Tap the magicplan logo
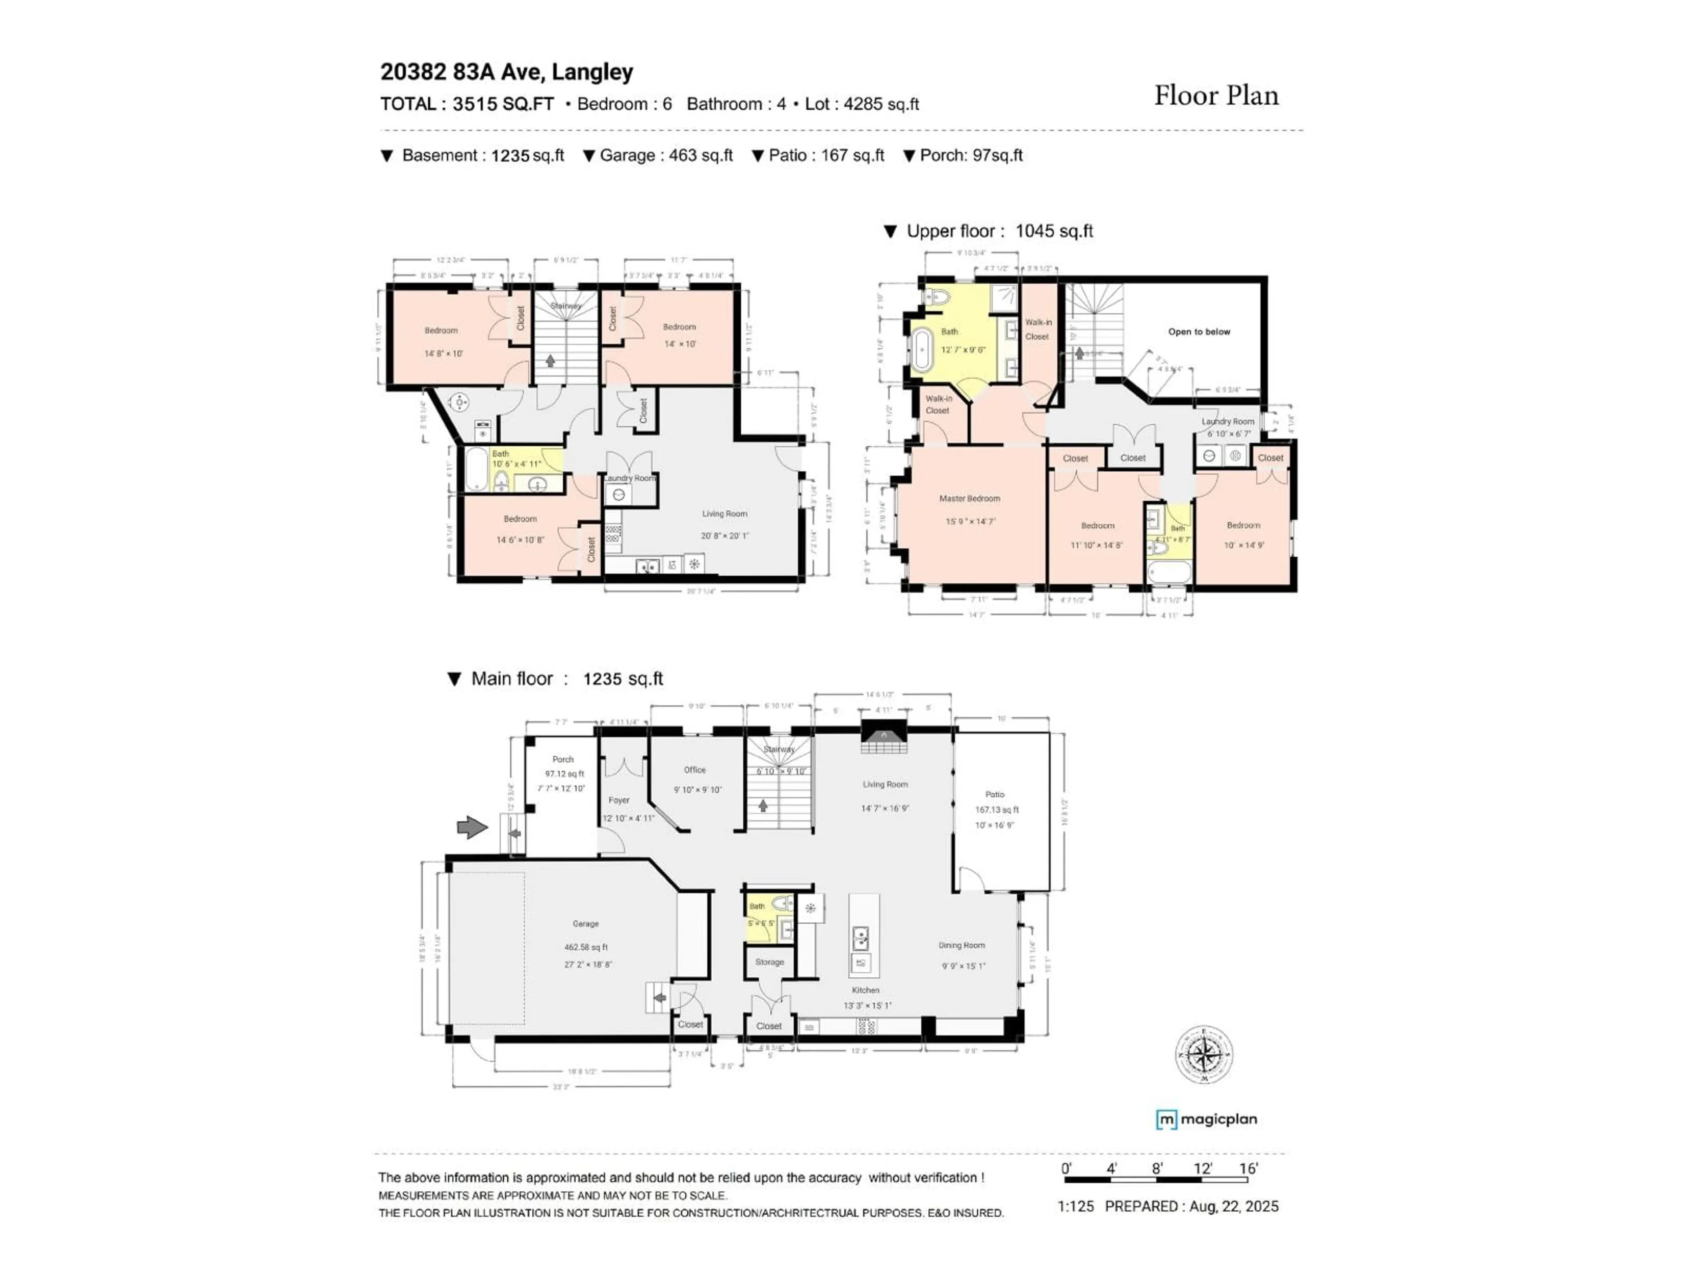pos(1207,1119)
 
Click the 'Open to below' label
pos(1199,332)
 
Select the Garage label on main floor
pos(585,923)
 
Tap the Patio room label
pos(994,794)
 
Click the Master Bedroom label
pos(969,499)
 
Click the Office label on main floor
pos(694,770)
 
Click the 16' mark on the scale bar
pos(1248,1169)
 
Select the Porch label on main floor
pos(563,759)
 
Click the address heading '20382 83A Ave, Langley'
pos(507,72)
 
